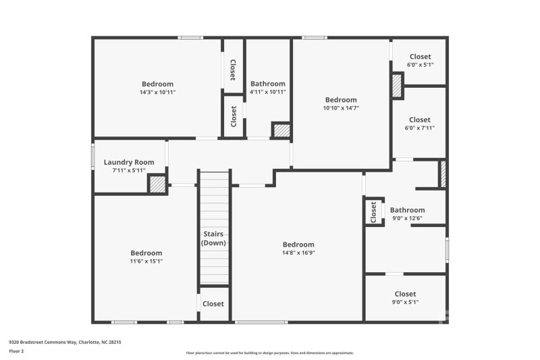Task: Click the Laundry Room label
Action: click(x=128, y=162)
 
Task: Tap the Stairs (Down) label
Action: click(x=214, y=238)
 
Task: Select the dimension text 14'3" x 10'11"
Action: click(x=157, y=92)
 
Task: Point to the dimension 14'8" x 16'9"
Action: click(x=298, y=253)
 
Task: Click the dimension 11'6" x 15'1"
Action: click(x=146, y=261)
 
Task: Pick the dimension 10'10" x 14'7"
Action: click(x=341, y=107)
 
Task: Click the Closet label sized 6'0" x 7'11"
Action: click(x=419, y=120)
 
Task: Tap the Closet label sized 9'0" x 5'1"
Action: click(x=405, y=294)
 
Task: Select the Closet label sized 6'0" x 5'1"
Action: click(x=419, y=57)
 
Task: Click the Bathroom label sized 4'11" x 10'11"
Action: click(x=268, y=84)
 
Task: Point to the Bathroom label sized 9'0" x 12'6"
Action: click(x=407, y=210)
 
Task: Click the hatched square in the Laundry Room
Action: click(x=157, y=184)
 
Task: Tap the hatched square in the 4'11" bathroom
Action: click(x=281, y=130)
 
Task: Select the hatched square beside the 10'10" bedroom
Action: click(x=397, y=86)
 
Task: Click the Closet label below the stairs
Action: click(x=213, y=304)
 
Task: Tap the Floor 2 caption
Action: click(x=17, y=351)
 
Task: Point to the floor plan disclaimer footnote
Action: click(x=269, y=353)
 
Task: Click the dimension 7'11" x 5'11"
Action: click(x=128, y=170)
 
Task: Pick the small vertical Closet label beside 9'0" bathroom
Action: click(x=373, y=212)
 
